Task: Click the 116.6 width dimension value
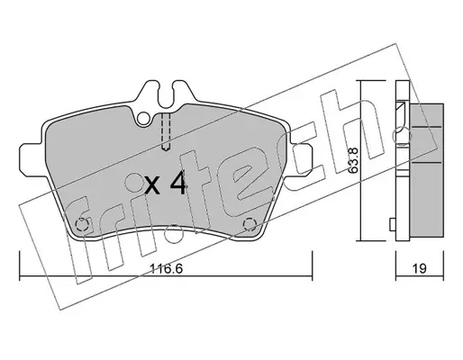[166, 268]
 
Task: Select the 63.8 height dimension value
[353, 160]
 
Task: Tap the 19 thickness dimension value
[419, 268]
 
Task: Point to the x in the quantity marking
[152, 186]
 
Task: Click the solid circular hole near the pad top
[144, 118]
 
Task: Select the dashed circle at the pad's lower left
[81, 224]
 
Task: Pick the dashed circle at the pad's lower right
[250, 224]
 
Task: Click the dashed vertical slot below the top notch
[166, 131]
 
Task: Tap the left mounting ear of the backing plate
[32, 157]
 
